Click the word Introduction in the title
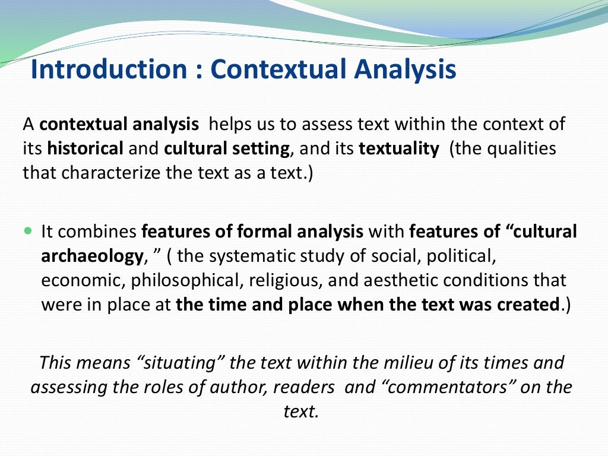pos(108,69)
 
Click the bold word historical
pos(85,148)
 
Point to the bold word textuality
pos(398,148)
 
